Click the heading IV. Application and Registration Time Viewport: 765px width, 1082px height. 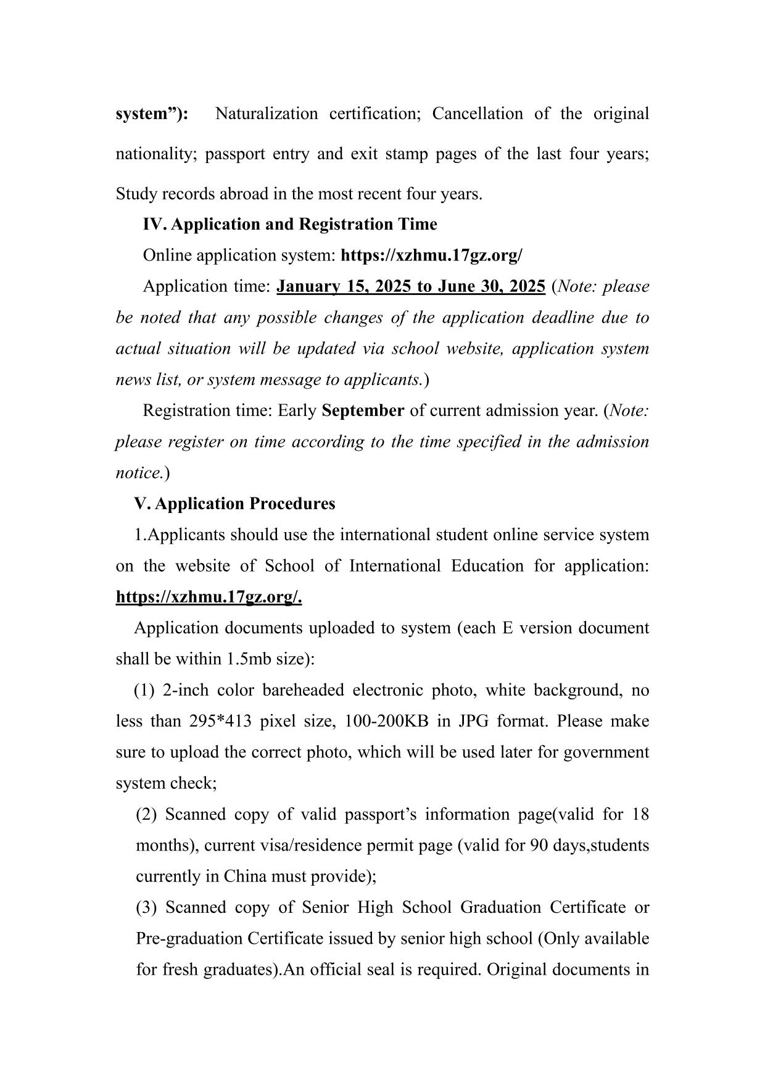289,224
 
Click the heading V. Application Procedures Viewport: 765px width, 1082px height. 234,504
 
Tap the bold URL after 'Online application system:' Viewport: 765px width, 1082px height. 431,256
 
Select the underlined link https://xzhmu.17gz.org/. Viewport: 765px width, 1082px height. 209,597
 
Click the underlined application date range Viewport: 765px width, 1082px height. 410,286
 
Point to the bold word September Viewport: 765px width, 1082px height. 363,410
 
